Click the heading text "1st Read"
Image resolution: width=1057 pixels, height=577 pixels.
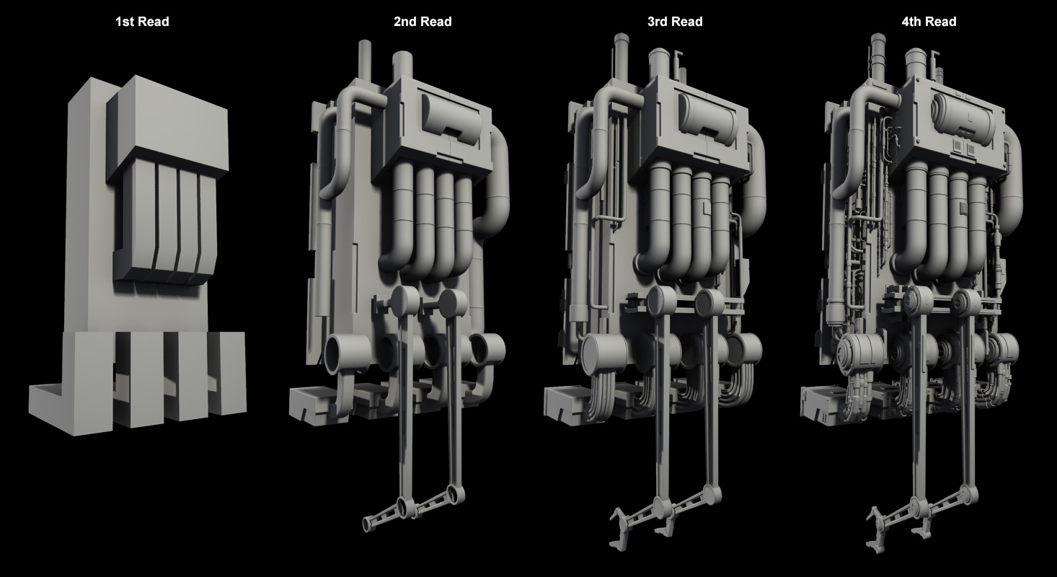(142, 22)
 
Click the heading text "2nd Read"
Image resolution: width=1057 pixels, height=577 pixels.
(423, 22)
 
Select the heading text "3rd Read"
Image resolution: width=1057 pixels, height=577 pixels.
(675, 22)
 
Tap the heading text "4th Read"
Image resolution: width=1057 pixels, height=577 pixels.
(929, 22)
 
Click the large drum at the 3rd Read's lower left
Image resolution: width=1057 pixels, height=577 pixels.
(599, 354)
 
